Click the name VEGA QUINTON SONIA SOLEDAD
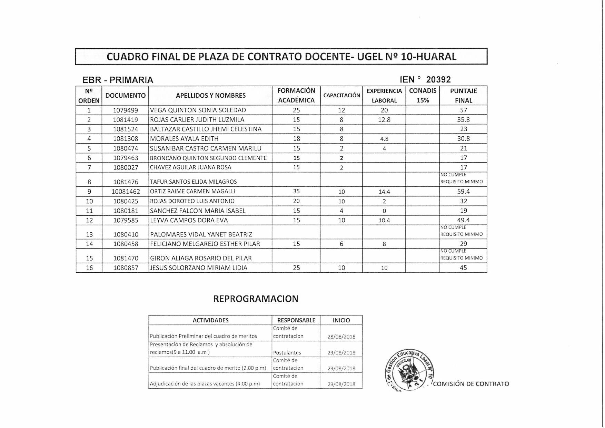point(198,110)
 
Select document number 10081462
point(126,192)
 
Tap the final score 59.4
point(463,192)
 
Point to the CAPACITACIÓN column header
point(341,96)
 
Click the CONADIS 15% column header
point(423,96)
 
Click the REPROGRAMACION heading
point(256,299)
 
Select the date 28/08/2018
point(341,337)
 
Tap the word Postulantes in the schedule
point(287,353)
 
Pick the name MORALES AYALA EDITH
point(184,139)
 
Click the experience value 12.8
point(384,120)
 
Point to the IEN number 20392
point(438,80)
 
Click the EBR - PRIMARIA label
point(118,80)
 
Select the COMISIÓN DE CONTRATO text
point(471,384)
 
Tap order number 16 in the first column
point(89,268)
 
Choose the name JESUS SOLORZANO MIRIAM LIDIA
point(199,268)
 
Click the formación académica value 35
point(296,192)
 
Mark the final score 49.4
point(463,220)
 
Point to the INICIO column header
point(341,320)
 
